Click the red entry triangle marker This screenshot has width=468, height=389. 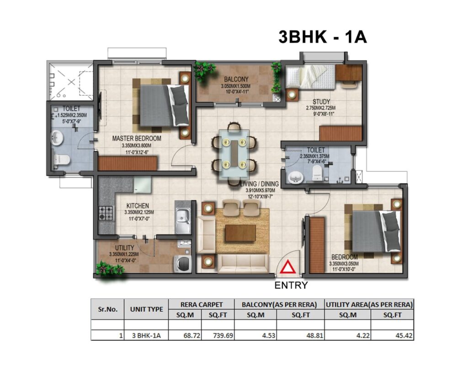[288, 269]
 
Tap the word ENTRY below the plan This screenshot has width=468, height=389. [291, 285]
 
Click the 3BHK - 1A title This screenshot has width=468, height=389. [323, 37]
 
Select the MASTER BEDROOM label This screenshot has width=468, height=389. [137, 138]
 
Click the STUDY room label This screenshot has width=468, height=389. [321, 102]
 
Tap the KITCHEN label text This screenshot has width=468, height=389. [138, 206]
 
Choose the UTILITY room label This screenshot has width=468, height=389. [124, 248]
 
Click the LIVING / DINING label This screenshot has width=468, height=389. [260, 184]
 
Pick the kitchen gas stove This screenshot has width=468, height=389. [106, 213]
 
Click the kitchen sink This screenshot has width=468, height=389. [182, 217]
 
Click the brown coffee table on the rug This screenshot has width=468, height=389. [240, 233]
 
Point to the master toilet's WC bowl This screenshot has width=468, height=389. [61, 160]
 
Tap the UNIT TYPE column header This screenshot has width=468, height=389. [146, 309]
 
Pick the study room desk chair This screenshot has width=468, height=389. [346, 85]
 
